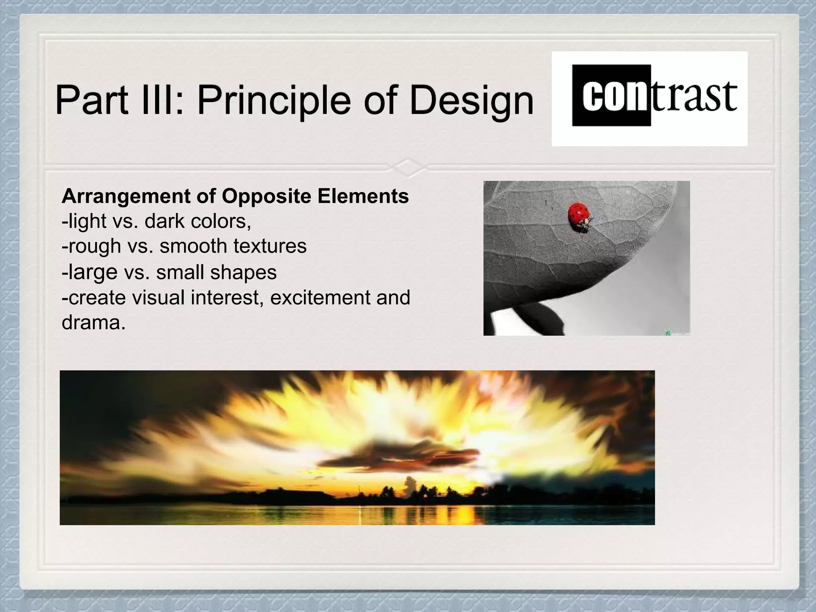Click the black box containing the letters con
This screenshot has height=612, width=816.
click(611, 96)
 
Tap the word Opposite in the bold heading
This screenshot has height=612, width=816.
click(266, 196)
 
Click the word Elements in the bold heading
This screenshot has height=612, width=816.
click(363, 196)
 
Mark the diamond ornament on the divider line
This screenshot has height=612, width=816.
click(408, 168)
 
